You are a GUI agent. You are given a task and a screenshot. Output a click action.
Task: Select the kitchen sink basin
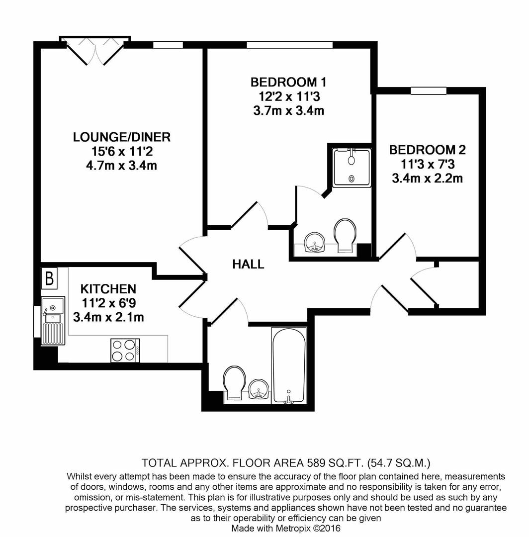[52, 308]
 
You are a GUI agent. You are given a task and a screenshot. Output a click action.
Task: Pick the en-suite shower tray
[352, 168]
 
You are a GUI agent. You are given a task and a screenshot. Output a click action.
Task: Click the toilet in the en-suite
[345, 236]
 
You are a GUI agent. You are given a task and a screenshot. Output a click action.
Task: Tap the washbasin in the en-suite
[313, 244]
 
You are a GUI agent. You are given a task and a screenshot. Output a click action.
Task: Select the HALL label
[248, 265]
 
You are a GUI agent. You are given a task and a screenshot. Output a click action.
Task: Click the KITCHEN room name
[108, 289]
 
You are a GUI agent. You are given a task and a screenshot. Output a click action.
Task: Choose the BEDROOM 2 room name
[427, 150]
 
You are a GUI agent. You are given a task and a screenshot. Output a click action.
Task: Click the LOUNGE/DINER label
[122, 137]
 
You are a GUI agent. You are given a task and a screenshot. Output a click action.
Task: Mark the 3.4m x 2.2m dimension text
[427, 178]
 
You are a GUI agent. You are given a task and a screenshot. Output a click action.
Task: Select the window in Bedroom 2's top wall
[428, 90]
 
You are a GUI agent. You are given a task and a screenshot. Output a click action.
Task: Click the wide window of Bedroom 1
[289, 45]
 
